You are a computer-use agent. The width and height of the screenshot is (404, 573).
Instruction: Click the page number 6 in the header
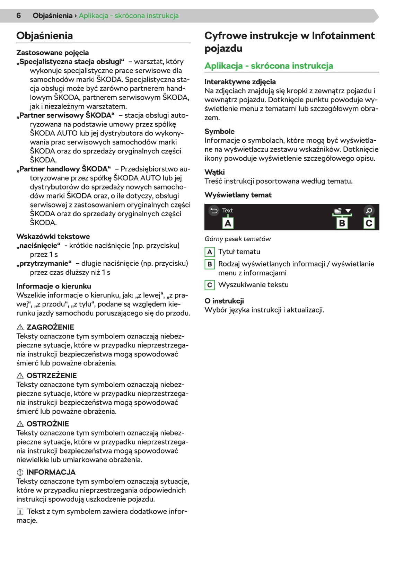[19, 16]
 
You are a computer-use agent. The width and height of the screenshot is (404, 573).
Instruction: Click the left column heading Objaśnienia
[44, 36]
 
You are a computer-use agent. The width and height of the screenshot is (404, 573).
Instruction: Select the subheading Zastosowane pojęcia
[52, 53]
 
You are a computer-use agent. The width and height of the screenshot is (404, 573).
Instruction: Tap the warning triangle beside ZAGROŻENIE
[20, 327]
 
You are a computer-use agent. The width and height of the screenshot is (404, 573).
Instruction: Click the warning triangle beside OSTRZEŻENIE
[20, 376]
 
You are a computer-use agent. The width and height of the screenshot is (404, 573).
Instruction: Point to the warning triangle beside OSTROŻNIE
[20, 424]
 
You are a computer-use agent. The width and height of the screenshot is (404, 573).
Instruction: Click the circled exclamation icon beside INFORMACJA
[20, 472]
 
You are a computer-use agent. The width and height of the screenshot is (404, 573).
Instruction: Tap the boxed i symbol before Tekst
[20, 512]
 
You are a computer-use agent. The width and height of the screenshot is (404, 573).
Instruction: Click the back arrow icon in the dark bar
[214, 210]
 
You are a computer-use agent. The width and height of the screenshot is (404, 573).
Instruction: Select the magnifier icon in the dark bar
[369, 210]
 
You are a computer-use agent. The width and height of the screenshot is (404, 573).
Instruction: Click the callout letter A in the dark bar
[228, 223]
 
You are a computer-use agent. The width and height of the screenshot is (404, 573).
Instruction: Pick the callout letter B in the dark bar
[342, 223]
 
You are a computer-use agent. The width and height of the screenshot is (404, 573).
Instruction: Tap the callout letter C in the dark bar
[369, 223]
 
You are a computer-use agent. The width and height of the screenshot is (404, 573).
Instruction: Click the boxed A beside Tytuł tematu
[210, 252]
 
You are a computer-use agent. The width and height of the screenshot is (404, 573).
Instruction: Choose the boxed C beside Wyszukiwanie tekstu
[210, 285]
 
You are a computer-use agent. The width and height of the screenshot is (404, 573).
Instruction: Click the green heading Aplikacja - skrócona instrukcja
[269, 66]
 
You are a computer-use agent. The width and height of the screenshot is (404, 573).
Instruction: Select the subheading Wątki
[214, 172]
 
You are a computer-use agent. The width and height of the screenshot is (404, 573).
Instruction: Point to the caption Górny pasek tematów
[237, 239]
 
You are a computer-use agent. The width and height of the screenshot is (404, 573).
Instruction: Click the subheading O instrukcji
[224, 301]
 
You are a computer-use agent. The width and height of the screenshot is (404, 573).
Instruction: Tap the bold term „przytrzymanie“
[44, 263]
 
